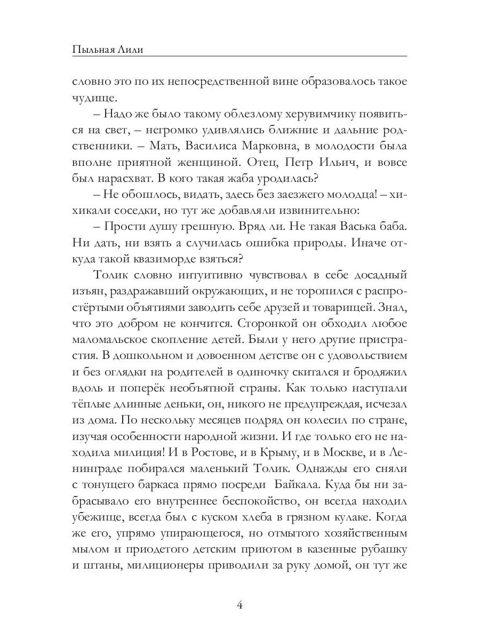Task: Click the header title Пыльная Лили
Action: pos(109,50)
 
